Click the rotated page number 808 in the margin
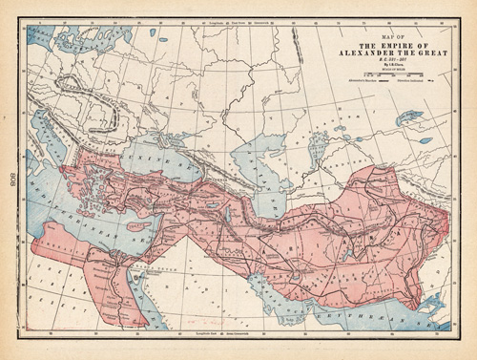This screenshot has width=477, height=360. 9,180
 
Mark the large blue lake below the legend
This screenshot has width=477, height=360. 409,117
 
